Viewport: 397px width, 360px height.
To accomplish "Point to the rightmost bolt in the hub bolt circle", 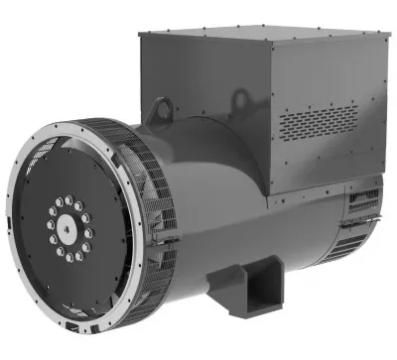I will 92,226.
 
